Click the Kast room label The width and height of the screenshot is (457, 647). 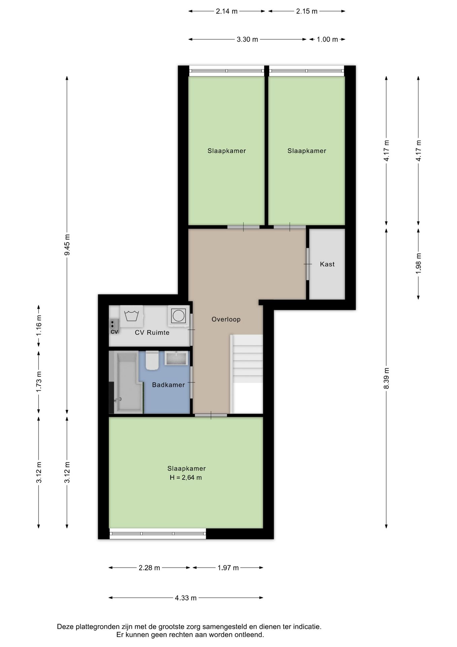[x=327, y=264]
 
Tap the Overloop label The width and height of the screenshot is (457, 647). [x=226, y=319]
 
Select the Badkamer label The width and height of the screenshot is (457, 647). [x=168, y=385]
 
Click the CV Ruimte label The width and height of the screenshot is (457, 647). [x=152, y=333]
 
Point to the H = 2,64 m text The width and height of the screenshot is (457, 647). [x=186, y=477]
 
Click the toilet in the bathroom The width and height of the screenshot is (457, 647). [x=152, y=360]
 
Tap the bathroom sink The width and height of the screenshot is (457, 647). [x=176, y=358]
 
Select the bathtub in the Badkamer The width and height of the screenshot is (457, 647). [x=127, y=382]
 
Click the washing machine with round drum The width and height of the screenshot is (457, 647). [x=178, y=316]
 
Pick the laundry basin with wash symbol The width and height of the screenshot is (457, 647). [x=131, y=316]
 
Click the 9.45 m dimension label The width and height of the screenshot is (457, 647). [x=67, y=245]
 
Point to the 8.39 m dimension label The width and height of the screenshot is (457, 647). [x=386, y=378]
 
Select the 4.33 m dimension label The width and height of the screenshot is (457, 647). [x=186, y=598]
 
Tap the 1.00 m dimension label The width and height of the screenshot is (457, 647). [x=327, y=39]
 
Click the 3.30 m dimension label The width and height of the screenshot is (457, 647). [x=247, y=39]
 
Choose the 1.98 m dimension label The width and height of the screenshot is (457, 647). [x=418, y=263]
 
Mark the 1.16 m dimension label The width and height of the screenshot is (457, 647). [x=39, y=325]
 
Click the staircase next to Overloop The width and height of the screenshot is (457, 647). [x=246, y=374]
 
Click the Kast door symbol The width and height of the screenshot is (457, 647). [x=308, y=264]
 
